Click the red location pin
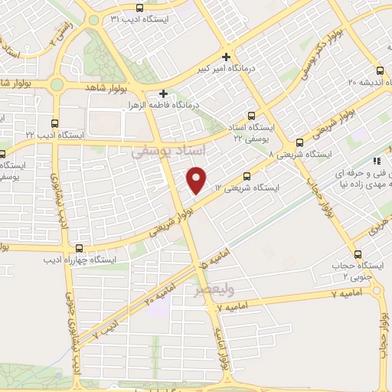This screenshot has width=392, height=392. [x=198, y=179]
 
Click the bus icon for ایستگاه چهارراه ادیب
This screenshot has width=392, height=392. [x=79, y=247]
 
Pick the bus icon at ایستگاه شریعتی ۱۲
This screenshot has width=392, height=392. [x=246, y=176]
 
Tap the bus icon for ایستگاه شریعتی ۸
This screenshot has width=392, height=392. [x=299, y=142]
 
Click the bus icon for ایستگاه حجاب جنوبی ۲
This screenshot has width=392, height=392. [x=357, y=256]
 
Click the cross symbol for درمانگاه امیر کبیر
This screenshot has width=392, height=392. [x=226, y=56]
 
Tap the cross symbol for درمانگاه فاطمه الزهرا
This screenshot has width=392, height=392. [x=163, y=93]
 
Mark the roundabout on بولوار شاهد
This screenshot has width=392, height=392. [x=58, y=85]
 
